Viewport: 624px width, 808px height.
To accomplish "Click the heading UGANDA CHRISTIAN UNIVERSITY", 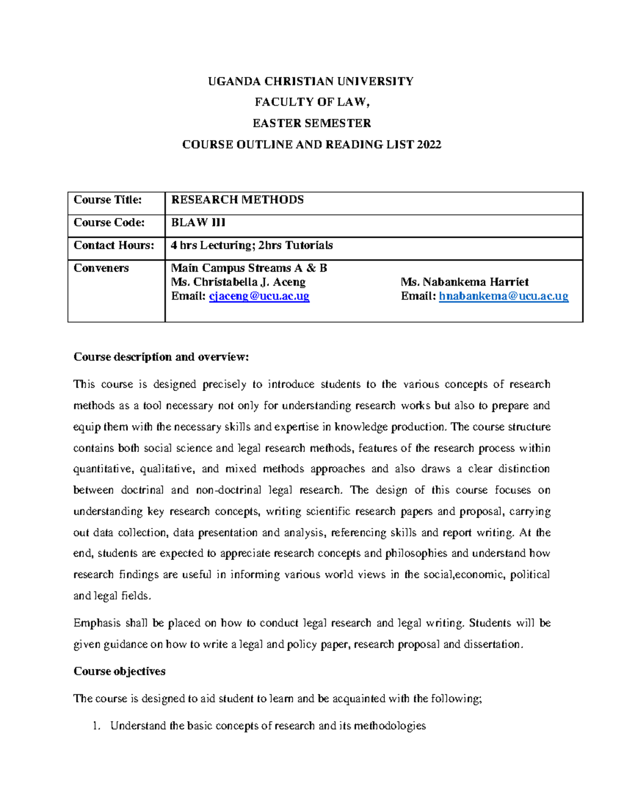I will (311, 81).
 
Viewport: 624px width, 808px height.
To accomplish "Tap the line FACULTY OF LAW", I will (311, 102).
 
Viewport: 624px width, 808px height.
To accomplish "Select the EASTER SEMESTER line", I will (311, 123).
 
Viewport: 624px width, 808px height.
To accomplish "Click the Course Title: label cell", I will (108, 200).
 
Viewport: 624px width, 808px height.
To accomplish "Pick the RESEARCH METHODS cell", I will (238, 200).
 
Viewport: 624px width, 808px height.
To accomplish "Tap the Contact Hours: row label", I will (114, 246).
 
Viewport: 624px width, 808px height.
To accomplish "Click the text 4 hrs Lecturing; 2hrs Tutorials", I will (252, 246).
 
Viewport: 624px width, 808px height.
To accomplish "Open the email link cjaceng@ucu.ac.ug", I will (259, 297).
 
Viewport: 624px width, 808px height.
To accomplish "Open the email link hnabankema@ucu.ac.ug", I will (503, 297).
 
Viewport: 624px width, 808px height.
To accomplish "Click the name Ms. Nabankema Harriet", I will (464, 282).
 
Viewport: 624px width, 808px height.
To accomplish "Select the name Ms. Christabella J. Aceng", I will (238, 282).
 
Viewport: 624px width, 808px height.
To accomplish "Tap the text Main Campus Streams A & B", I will (249, 268).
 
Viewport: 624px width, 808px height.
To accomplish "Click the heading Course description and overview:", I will (161, 357).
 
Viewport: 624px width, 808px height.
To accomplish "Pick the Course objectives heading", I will (120, 671).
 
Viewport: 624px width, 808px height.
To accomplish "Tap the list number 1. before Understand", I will (96, 726).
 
